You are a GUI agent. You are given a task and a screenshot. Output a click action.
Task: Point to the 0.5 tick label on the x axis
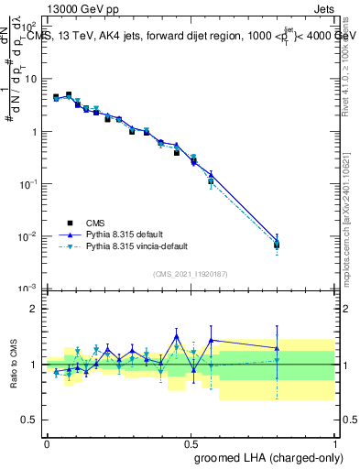click(191, 442)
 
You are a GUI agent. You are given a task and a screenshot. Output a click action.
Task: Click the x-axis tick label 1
click(334, 442)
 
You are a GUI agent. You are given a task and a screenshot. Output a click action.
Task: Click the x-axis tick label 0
click(47, 442)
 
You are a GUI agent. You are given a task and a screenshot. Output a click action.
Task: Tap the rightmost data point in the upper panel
click(277, 245)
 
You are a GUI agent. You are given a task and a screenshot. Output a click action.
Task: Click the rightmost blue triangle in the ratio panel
click(277, 348)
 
